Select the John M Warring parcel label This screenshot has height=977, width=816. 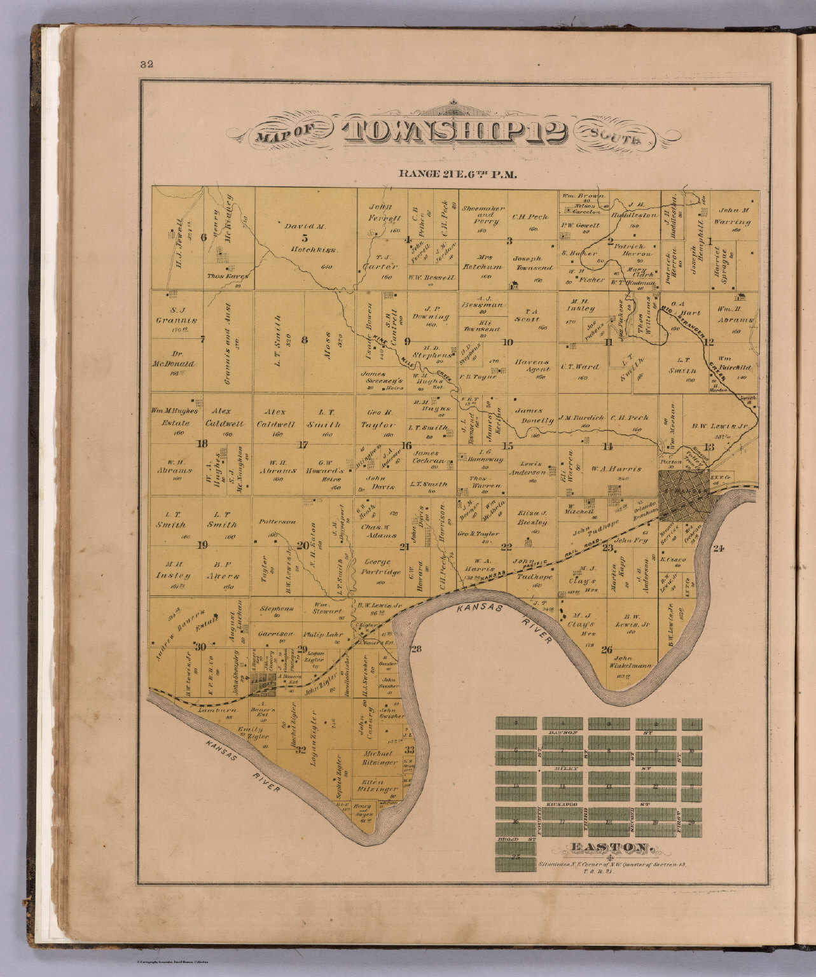735,216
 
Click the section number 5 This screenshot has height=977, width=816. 305,238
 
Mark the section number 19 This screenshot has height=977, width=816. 202,545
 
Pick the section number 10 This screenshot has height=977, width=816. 508,342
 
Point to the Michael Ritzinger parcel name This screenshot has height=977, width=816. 380,758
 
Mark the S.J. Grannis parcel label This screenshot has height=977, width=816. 174,316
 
